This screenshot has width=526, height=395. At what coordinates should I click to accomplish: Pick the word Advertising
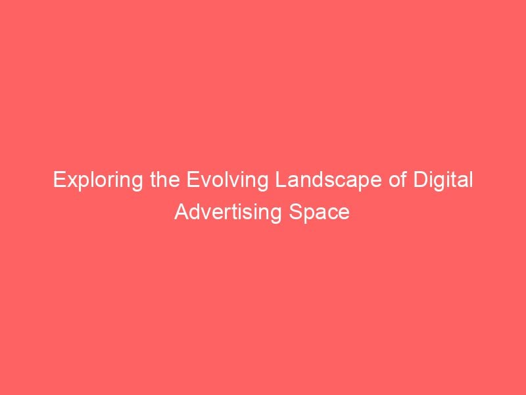pyautogui.click(x=227, y=213)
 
